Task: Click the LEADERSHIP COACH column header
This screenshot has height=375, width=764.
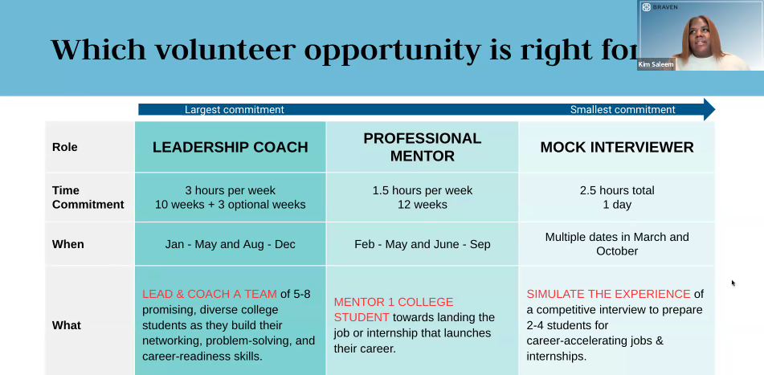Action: pyautogui.click(x=230, y=147)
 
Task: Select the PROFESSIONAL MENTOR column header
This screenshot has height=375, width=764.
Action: pyautogui.click(x=422, y=147)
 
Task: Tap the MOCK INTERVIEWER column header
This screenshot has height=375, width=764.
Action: pyautogui.click(x=616, y=147)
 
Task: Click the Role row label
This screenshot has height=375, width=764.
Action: pyautogui.click(x=65, y=147)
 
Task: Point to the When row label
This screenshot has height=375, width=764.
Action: pyautogui.click(x=67, y=244)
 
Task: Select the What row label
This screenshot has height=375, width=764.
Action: pyautogui.click(x=66, y=325)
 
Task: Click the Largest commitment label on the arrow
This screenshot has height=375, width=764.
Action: pyautogui.click(x=234, y=110)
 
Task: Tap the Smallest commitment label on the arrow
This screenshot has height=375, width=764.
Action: pyautogui.click(x=623, y=110)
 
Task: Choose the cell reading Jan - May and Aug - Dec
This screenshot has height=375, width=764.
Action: pyautogui.click(x=230, y=244)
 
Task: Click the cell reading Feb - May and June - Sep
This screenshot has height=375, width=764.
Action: pyautogui.click(x=422, y=244)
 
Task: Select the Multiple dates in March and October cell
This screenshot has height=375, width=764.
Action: pyautogui.click(x=616, y=244)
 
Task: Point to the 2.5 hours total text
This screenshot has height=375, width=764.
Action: pyautogui.click(x=616, y=190)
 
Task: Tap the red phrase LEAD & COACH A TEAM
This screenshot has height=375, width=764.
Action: pyautogui.click(x=210, y=294)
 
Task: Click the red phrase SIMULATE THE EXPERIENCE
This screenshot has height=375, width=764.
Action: pyautogui.click(x=608, y=294)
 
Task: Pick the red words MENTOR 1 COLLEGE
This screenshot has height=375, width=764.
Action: pyautogui.click(x=394, y=302)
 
